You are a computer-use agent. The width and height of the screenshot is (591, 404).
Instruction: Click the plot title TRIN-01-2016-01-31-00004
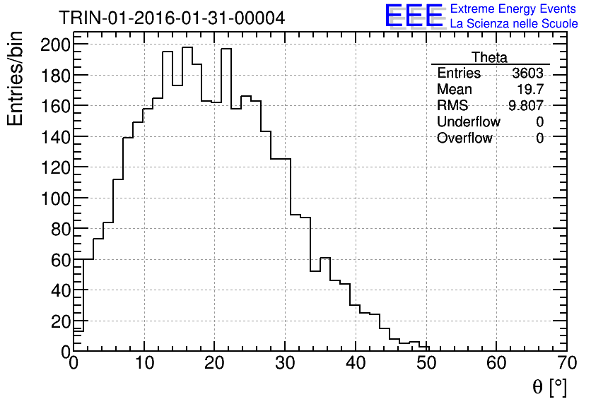pos(172,18)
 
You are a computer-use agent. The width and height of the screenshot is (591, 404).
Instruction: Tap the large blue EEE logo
pos(414,16)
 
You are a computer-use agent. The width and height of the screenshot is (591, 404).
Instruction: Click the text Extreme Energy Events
pos(513,9)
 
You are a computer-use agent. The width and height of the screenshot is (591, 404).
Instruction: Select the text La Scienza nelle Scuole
pos(514,24)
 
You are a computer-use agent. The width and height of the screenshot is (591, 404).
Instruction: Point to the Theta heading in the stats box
pos(489,57)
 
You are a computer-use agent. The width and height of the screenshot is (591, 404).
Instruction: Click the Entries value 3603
pos(529,73)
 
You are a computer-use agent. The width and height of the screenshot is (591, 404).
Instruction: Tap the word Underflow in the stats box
pos(468,121)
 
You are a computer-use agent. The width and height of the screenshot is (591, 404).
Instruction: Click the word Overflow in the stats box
pos(464,138)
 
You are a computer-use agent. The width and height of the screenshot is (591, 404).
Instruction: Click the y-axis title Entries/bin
pos(16,79)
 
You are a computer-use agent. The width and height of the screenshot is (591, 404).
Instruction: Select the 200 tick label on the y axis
pos(55,44)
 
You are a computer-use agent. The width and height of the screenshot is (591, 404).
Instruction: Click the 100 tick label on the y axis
pos(55,198)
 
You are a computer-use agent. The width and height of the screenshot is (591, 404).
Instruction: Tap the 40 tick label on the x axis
pos(356,365)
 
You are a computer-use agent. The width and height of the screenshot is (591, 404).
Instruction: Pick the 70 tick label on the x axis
pos(567,365)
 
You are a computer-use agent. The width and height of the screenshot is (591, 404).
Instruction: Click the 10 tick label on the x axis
pos(144,365)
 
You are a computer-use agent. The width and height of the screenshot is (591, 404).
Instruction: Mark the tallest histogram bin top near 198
pos(187,47)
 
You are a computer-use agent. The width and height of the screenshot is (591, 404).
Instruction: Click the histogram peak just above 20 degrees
pos(226,49)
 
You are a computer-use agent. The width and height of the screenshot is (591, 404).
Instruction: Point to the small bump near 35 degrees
pos(325,258)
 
